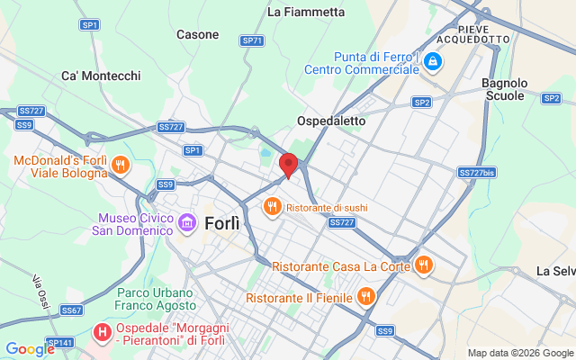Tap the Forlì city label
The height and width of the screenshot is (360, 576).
point(222,223)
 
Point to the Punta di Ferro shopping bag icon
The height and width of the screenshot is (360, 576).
point(434,62)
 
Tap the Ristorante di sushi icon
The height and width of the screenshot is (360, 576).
point(271,208)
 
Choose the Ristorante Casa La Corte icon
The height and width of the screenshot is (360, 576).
point(423,265)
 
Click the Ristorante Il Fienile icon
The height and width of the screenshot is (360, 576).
point(365,296)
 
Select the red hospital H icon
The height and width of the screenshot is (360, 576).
point(103,333)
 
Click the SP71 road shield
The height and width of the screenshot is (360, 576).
point(252,40)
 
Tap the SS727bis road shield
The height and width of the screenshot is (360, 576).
point(477,172)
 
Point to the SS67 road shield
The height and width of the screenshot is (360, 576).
point(72,310)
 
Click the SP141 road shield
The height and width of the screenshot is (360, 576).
point(60,343)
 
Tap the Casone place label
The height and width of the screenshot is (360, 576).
point(197,35)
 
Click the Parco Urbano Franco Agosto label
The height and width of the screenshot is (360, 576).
point(155,300)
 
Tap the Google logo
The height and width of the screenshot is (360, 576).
point(30,349)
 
